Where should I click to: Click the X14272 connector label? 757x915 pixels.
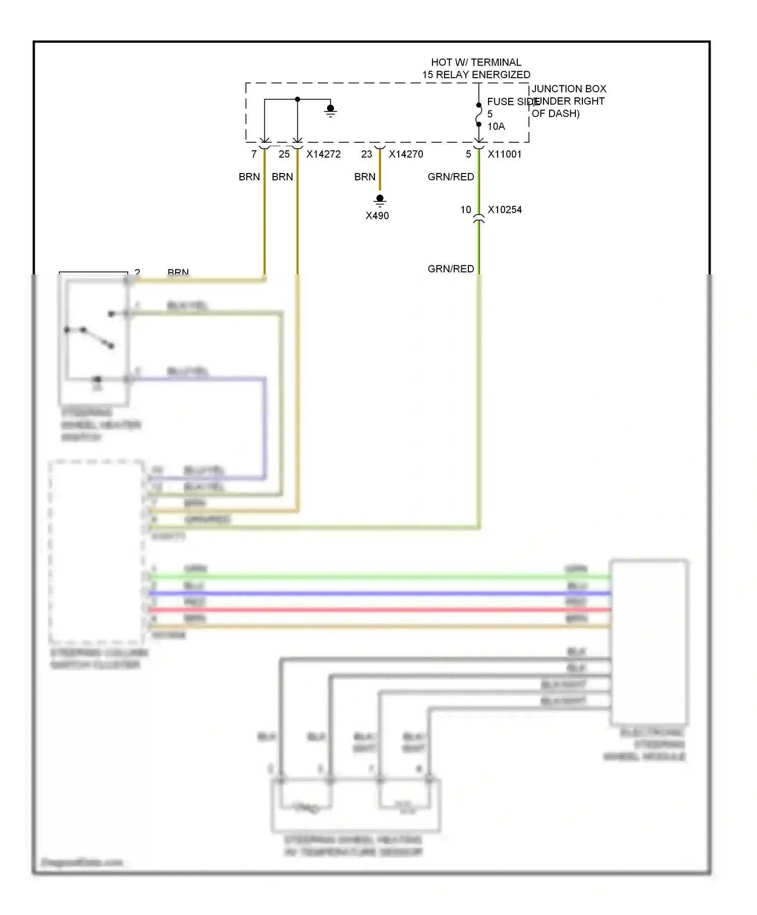(x=323, y=154)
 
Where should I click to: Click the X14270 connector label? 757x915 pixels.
(x=406, y=154)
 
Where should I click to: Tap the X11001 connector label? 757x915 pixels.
(x=504, y=154)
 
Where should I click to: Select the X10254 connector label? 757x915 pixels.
(x=504, y=210)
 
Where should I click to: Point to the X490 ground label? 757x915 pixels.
(x=377, y=216)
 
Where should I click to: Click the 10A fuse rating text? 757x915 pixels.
(x=496, y=127)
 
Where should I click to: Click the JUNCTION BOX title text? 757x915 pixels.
(x=569, y=89)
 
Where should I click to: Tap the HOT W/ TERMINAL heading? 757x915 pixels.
(x=476, y=63)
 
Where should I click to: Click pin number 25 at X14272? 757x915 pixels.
(x=284, y=154)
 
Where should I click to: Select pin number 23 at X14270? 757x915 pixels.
(x=366, y=154)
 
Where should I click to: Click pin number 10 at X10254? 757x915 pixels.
(x=465, y=210)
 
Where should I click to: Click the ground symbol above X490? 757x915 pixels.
(x=380, y=201)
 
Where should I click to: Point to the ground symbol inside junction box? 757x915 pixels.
(x=331, y=110)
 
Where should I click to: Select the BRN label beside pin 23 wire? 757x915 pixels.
(x=364, y=177)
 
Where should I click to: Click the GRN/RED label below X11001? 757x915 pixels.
(x=450, y=177)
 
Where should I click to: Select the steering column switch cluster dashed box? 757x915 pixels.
(x=96, y=552)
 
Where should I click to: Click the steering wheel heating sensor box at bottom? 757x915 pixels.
(x=356, y=805)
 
